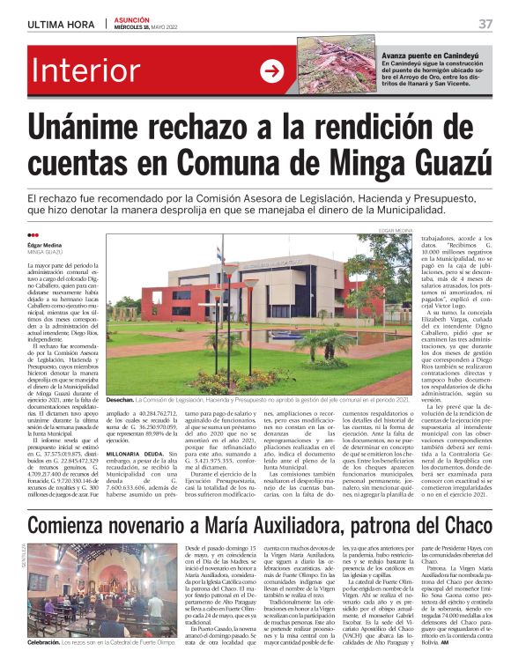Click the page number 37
pyautogui.click(x=485, y=23)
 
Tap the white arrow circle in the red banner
pyautogui.click(x=271, y=71)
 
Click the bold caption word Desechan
pyautogui.click(x=124, y=399)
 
